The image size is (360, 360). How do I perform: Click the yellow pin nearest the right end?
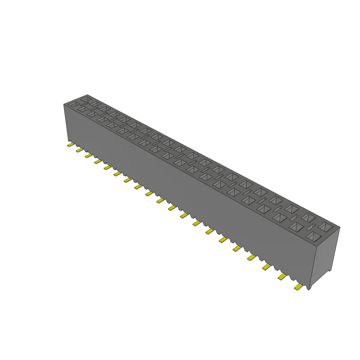[298, 287]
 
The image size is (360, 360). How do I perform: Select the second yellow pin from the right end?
[282, 277]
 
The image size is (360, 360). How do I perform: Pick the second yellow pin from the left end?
[80, 150]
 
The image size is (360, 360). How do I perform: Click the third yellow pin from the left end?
[89, 156]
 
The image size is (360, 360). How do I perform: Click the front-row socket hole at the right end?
[314, 237]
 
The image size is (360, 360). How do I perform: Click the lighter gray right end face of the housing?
[327, 257]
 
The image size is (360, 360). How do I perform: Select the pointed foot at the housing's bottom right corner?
[309, 288]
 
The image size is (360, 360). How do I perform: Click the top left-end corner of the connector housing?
[64, 104]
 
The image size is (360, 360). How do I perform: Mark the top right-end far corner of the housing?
[340, 227]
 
